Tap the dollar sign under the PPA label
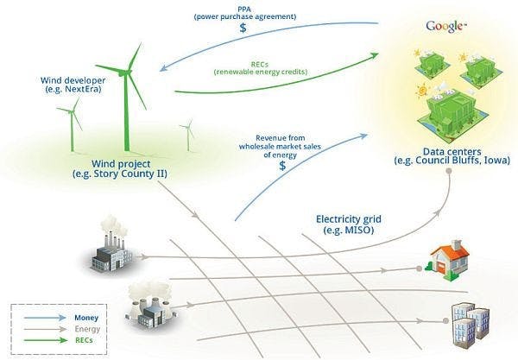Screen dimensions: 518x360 point(243,28)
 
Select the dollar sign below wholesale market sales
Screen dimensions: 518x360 point(282,166)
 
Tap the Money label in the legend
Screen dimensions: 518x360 point(86,318)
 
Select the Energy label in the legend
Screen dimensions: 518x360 point(87,329)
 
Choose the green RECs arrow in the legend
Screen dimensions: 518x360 point(45,340)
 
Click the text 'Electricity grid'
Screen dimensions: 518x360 point(349,219)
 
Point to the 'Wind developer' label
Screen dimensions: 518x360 point(73,80)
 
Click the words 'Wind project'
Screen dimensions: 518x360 point(121,163)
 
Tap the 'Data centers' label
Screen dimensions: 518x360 point(452,152)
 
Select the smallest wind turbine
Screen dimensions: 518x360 point(188,136)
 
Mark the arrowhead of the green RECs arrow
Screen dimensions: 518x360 point(375,55)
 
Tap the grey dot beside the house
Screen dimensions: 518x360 point(420,268)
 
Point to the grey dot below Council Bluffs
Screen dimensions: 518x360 point(449,171)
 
